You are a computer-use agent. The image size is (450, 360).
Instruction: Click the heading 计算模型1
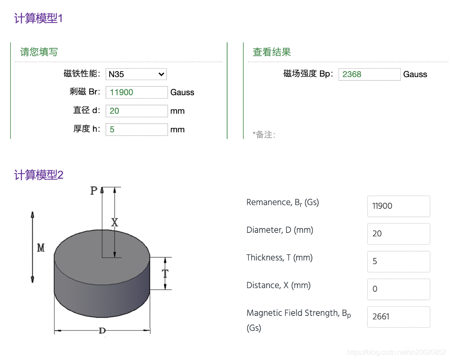coord(39,19)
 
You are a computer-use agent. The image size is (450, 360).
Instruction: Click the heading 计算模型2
coord(39,175)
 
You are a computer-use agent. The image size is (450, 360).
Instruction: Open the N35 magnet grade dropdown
coord(136,74)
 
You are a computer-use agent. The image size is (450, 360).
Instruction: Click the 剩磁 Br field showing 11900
coord(136,92)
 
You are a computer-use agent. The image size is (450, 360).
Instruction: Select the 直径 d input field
coord(136,111)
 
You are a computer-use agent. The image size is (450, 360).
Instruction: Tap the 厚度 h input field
coord(136,130)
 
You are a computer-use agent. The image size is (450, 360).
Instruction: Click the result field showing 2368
coord(369,75)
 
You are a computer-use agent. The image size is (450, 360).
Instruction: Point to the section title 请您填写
coord(39,52)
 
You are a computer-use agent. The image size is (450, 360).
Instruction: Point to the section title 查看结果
coord(272,52)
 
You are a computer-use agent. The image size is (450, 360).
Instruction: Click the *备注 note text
coord(264,135)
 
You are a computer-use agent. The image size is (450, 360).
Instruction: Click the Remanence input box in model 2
coord(398,206)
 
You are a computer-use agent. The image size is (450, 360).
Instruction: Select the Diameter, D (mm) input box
coord(398,234)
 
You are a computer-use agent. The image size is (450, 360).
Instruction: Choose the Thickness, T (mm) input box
coord(398,261)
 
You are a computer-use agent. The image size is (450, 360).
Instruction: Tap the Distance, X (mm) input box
coord(398,289)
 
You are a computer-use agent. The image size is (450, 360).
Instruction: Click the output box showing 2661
coord(398,317)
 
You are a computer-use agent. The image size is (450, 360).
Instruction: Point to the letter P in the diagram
coord(94,191)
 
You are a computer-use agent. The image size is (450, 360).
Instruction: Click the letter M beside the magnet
coord(41,248)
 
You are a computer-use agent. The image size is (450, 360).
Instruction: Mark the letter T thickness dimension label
coord(165,274)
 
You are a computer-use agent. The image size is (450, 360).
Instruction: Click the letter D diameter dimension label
coord(102,331)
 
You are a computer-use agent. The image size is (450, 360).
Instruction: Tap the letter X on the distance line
coord(114,222)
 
